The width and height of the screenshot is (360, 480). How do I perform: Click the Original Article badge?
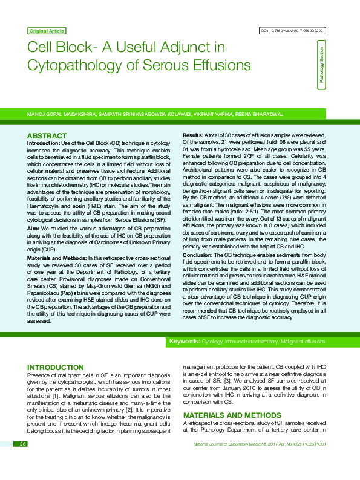[47, 30]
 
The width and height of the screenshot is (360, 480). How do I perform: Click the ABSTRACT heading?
[47, 135]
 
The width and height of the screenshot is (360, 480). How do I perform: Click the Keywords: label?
[185, 342]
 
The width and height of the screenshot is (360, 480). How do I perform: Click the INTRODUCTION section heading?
[56, 368]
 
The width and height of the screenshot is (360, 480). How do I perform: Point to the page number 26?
[23, 461]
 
